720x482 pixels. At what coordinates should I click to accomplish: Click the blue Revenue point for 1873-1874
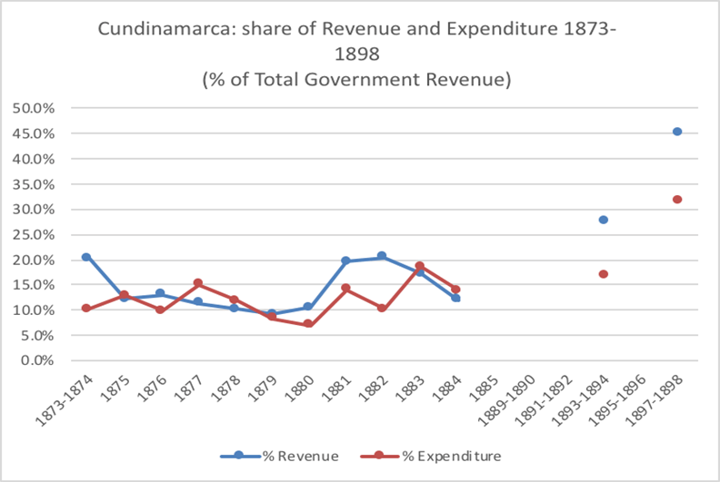[x=86, y=257]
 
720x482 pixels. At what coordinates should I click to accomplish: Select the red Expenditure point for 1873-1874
[x=86, y=309]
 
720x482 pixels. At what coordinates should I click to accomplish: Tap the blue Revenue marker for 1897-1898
[x=677, y=132]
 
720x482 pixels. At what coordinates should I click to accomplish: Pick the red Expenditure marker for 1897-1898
[x=677, y=200]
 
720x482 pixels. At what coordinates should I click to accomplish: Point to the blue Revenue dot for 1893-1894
[x=604, y=220]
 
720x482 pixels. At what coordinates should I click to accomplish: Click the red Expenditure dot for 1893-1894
[x=604, y=274]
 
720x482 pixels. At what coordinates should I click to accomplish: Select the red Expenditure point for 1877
[x=197, y=283]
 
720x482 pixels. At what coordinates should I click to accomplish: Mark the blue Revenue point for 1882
[x=382, y=256]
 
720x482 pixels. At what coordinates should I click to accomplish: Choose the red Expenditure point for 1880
[x=308, y=324]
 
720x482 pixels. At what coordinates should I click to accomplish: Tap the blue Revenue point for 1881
[x=345, y=261]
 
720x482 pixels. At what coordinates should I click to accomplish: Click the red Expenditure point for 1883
[x=419, y=266]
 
